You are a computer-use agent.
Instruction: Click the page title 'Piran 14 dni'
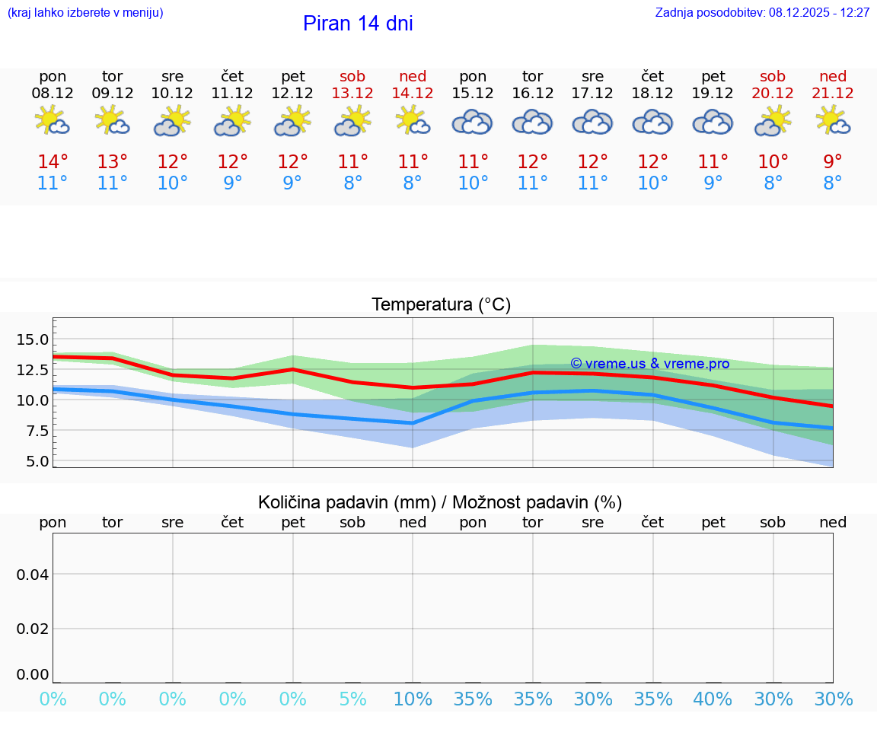tap(358, 24)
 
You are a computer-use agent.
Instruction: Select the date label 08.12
tap(53, 93)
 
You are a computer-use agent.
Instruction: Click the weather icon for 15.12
tap(473, 122)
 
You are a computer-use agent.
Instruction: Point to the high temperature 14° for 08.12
tap(53, 162)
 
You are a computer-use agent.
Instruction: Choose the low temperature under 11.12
tap(233, 183)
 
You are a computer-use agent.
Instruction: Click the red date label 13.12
tap(352, 93)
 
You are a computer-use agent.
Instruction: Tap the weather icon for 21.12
tap(833, 120)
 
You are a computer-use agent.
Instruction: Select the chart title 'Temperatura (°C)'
tap(441, 304)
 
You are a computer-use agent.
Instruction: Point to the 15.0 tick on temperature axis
tap(33, 339)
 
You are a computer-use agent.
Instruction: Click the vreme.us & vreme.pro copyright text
tap(649, 364)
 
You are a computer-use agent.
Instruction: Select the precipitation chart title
tap(440, 502)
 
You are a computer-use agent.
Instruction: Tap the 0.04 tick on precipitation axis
tap(33, 575)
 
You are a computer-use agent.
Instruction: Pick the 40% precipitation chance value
tap(713, 699)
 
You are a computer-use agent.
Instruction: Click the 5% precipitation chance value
tap(352, 699)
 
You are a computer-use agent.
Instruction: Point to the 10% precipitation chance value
tap(413, 699)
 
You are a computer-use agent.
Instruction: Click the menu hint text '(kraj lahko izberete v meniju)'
tap(85, 13)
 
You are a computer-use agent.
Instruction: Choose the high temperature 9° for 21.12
tap(833, 162)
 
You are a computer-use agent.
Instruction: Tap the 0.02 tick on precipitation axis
tap(33, 629)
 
